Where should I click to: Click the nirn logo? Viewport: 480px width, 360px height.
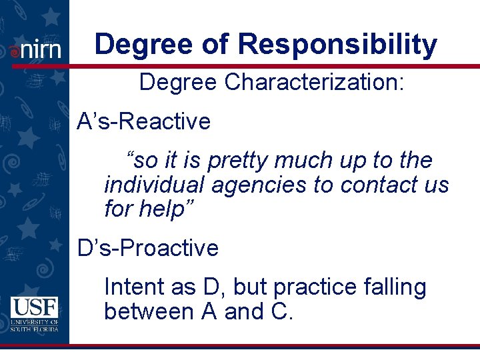coord(35,49)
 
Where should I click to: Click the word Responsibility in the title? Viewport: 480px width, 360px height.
coord(337,44)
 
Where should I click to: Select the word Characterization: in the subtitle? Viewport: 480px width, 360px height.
coord(315,83)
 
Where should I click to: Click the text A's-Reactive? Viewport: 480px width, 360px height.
coord(144,122)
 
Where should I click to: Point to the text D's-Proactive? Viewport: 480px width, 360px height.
coord(148,248)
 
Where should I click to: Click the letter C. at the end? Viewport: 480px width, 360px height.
coord(281,311)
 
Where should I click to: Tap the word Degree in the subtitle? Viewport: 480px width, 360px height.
coord(178,83)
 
